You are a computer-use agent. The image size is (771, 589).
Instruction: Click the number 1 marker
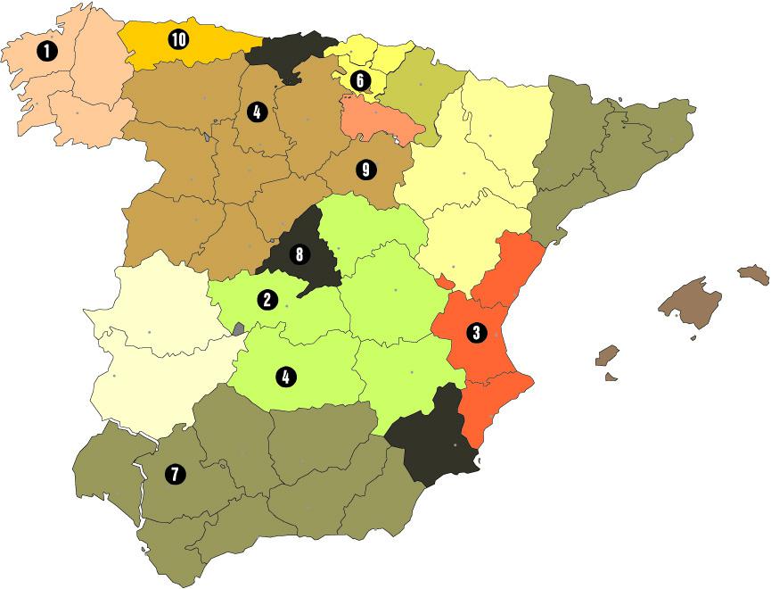[x=46, y=52]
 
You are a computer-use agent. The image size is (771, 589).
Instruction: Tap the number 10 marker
[x=178, y=39]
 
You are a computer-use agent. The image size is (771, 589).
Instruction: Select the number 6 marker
[x=360, y=80]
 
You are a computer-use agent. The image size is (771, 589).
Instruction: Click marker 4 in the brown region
[x=257, y=112]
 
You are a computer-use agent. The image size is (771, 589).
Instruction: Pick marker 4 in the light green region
[x=285, y=377]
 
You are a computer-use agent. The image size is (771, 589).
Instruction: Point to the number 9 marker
[x=364, y=170]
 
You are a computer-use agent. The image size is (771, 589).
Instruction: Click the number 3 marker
[x=476, y=333]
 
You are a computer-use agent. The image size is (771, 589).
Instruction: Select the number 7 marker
[x=174, y=475]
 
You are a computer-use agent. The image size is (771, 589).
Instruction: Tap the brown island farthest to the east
[x=754, y=274]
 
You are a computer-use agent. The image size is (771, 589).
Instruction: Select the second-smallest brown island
[x=608, y=355]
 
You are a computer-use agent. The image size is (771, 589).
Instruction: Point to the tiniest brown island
[x=611, y=377]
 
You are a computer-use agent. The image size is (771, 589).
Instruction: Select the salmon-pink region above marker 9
[x=379, y=120]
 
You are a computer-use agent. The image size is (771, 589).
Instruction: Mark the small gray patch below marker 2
[x=238, y=328]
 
